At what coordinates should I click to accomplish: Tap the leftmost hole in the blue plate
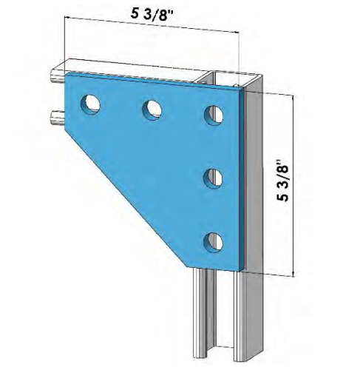tap(91, 104)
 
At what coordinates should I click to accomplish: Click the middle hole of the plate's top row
tap(153, 110)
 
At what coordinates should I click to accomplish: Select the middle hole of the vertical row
tap(214, 178)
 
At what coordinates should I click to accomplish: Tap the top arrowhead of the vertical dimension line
tap(295, 95)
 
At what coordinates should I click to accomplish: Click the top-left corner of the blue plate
tap(68, 75)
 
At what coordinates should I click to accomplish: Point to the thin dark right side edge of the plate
tap(243, 178)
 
